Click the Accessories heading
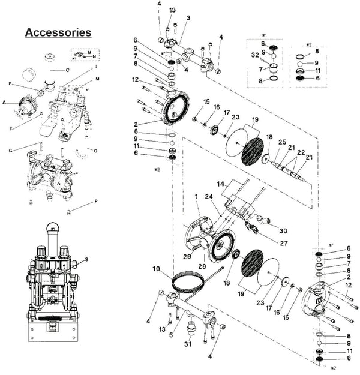[x=58, y=32]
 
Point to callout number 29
[x=188, y=256]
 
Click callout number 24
[x=208, y=196]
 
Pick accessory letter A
[x=4, y=103]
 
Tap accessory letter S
[x=87, y=259]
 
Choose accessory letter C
[x=67, y=70]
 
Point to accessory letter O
[x=96, y=150]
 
